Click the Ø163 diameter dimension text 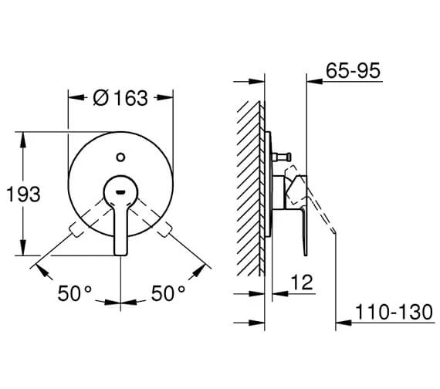[x=120, y=98]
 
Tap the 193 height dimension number [x=23, y=194]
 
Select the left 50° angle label [x=74, y=293]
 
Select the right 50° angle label [x=168, y=293]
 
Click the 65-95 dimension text [x=353, y=70]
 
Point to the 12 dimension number [x=302, y=282]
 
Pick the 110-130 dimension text [x=394, y=312]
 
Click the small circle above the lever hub [x=120, y=157]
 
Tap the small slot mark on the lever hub [x=120, y=192]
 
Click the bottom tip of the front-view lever [x=121, y=255]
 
